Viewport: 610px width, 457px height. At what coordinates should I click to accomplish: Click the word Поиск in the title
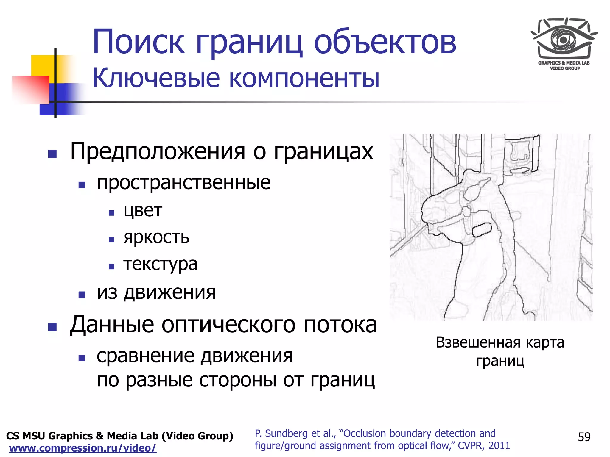coord(139,42)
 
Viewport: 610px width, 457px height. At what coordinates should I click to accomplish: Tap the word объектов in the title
coord(385,42)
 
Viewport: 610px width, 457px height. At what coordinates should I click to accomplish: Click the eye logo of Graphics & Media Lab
coord(564,40)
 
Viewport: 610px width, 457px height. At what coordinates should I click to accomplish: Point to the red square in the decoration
coord(30,90)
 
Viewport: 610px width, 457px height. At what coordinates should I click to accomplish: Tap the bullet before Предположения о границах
coord(52,154)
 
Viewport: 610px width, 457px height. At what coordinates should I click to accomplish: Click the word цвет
coord(143,211)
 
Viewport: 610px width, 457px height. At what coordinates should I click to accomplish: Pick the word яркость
coord(156,237)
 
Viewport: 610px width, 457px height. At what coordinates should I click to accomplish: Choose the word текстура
coord(161,264)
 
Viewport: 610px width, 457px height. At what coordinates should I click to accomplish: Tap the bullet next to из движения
coord(82,295)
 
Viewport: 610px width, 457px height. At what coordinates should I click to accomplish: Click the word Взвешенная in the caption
coord(478,343)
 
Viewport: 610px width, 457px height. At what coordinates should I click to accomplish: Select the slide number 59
coord(584,437)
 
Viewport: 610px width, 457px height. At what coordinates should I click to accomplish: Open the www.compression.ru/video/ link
coord(83,448)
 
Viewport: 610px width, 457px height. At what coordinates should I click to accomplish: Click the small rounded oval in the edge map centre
coord(482,230)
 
